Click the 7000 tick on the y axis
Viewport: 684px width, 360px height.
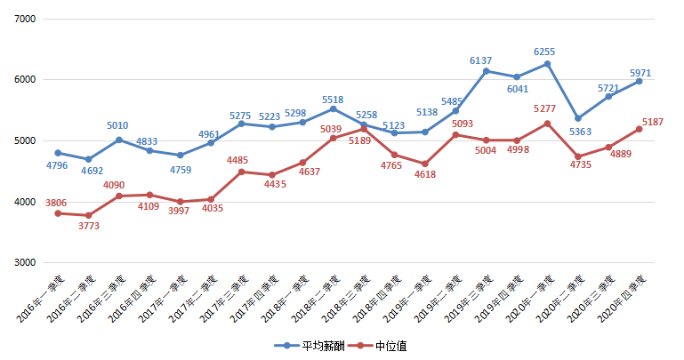click(23, 19)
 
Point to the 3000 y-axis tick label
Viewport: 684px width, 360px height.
click(23, 263)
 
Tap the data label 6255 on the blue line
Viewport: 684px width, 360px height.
click(544, 52)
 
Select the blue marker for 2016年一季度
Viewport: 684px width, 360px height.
click(58, 153)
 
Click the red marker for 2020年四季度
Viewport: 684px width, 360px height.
click(639, 129)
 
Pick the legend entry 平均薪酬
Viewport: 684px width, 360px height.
click(307, 345)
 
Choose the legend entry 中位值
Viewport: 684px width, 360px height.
click(382, 345)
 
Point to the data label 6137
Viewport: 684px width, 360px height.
click(481, 60)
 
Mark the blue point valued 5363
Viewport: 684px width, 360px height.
click(578, 118)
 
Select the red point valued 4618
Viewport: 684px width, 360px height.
click(425, 164)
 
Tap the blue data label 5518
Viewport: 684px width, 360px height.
click(333, 100)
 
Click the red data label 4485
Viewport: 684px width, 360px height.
click(237, 160)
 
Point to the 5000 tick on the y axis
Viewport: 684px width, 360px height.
click(23, 140)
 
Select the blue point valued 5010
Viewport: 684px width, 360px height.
click(119, 140)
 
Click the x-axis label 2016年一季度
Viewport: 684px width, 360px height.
click(39, 299)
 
